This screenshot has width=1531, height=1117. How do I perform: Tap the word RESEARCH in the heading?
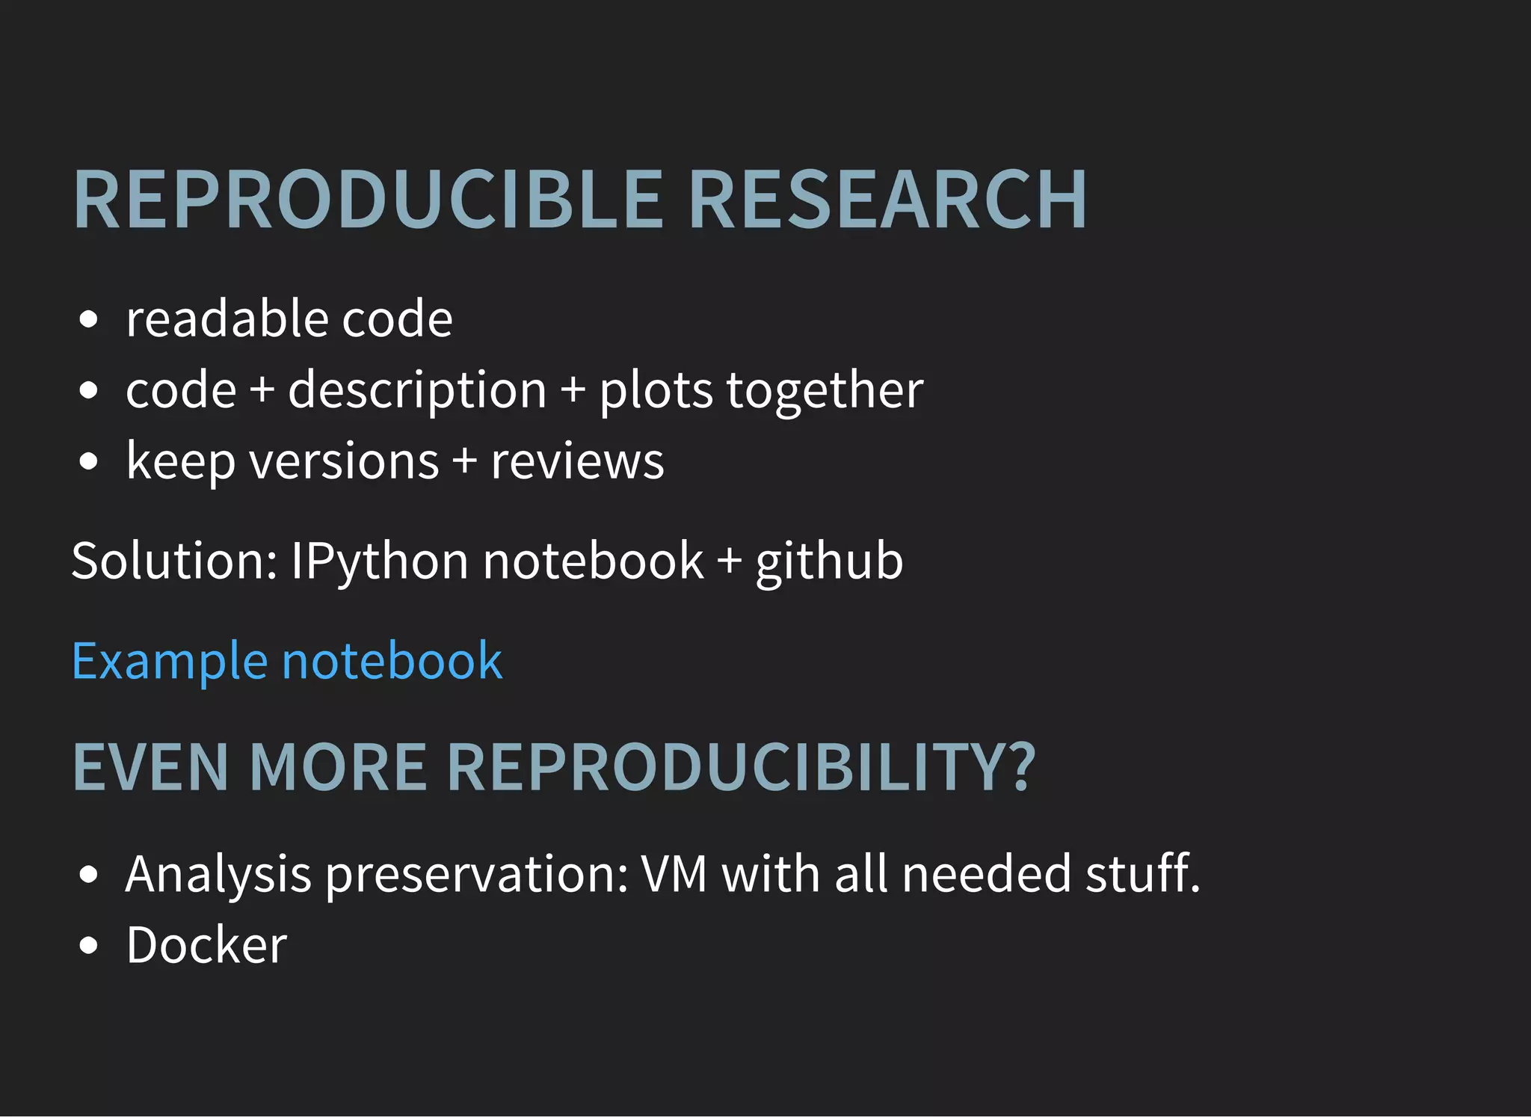(887, 200)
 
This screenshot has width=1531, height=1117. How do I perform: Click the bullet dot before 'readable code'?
(88, 320)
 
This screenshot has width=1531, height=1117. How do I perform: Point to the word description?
(417, 390)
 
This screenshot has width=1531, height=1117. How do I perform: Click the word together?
(825, 390)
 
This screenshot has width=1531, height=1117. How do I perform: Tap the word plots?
(656, 390)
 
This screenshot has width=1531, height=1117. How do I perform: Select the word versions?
(344, 461)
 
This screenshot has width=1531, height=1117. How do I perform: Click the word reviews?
(577, 461)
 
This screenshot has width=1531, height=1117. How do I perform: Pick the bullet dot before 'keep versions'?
(88, 461)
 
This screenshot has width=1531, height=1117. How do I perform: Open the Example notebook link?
(287, 661)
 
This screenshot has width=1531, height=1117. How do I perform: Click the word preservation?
(477, 875)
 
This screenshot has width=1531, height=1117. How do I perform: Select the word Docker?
(206, 945)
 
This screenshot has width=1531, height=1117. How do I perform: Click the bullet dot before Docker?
(88, 946)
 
